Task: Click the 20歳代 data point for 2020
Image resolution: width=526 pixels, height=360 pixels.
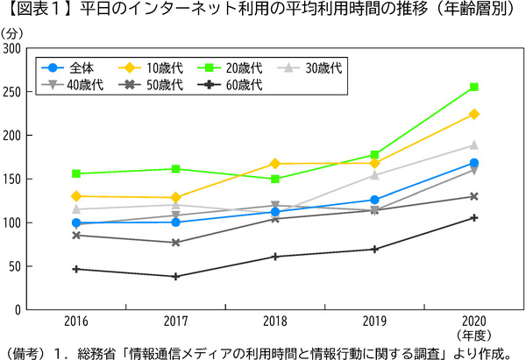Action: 473,87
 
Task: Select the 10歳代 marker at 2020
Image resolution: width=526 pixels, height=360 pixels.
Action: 473,114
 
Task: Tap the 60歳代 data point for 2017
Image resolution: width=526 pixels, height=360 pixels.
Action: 175,276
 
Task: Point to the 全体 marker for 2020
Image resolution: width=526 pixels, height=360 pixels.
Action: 473,163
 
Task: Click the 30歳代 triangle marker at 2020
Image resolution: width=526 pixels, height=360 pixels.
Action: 473,145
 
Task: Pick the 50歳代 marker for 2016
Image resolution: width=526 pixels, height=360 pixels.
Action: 76,235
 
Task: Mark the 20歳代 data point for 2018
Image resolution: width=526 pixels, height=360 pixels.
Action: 275,179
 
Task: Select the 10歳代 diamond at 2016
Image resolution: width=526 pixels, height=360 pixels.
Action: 76,196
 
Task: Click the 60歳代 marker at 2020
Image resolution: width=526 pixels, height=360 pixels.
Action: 473,217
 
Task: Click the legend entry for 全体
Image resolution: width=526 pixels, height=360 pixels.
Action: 75,67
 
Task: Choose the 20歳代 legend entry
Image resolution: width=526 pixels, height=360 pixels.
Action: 232,67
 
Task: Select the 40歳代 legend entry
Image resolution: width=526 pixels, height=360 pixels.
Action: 75,85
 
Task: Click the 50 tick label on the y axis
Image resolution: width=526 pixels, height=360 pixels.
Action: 16,266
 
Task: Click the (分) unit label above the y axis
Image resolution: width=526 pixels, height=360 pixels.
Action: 15,32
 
